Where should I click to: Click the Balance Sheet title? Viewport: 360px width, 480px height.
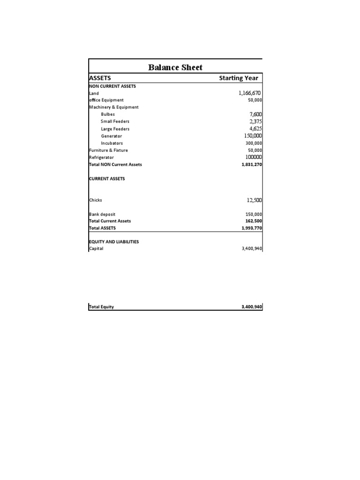click(x=175, y=67)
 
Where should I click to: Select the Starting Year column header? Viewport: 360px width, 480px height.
click(x=239, y=78)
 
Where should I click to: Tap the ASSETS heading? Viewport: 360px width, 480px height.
click(x=100, y=78)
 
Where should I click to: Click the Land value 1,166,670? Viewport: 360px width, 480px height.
click(x=250, y=93)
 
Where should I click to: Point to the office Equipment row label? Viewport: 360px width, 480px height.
click(x=106, y=100)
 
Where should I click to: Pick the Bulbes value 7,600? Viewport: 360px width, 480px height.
click(x=255, y=114)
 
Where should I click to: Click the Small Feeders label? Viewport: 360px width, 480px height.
click(x=115, y=121)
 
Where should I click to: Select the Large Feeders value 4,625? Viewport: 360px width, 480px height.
click(x=255, y=128)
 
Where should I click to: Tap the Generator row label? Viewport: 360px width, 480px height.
click(x=111, y=136)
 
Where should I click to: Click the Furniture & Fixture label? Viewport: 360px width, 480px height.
click(x=108, y=150)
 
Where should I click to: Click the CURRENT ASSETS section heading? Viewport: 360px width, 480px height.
click(x=107, y=179)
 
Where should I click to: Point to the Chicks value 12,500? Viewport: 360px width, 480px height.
click(x=254, y=200)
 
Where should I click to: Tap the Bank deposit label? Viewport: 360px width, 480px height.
click(x=102, y=214)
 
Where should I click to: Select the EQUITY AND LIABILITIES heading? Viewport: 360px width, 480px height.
click(x=114, y=242)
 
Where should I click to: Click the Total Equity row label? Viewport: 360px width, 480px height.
click(x=102, y=307)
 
